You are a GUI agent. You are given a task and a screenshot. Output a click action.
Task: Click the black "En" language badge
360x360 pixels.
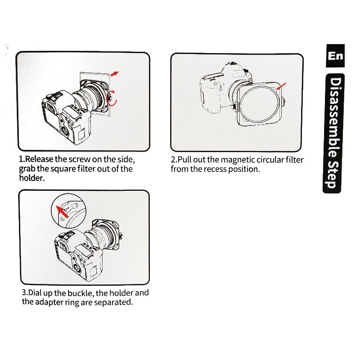(x=335, y=55)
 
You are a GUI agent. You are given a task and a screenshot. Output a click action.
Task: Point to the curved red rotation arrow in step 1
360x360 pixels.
(x=113, y=98)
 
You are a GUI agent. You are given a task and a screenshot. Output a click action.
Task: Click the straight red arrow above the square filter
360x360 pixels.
(x=115, y=74)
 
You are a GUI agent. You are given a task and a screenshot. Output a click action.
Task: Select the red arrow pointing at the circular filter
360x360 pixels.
(x=281, y=86)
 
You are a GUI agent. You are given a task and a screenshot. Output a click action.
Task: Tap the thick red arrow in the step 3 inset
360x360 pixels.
(x=62, y=211)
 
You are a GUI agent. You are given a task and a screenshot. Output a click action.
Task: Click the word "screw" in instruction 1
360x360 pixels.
(x=80, y=159)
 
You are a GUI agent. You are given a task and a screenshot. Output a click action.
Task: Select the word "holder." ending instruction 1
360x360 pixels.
(x=31, y=178)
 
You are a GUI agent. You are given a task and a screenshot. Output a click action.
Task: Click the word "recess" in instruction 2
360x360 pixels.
(x=215, y=169)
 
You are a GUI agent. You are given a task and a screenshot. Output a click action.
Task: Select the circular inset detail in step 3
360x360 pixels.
(x=69, y=211)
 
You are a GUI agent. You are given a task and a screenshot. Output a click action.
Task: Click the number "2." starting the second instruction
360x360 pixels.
(x=174, y=160)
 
